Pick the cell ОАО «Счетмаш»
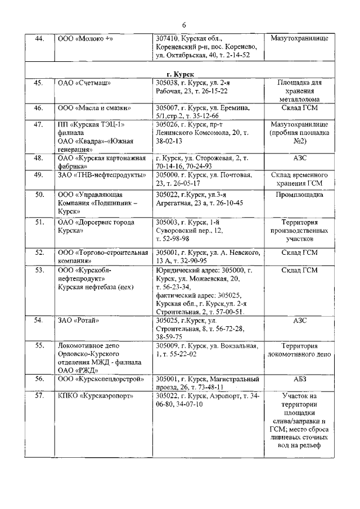[x=82, y=83]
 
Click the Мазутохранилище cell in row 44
[x=299, y=39]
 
